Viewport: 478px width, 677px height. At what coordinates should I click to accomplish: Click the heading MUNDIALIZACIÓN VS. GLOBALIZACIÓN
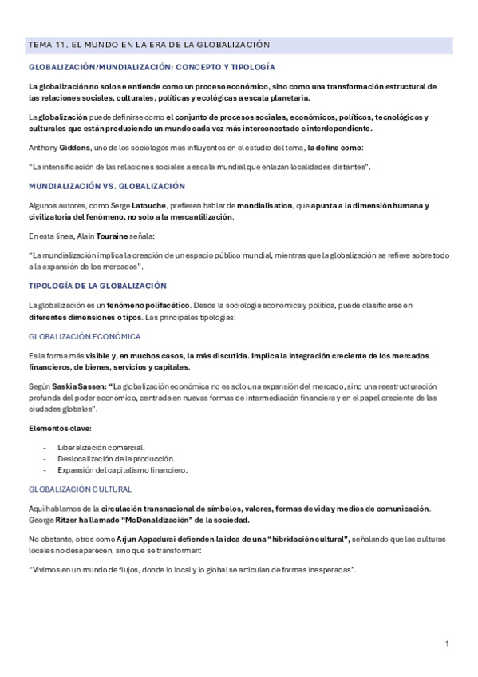[107, 186]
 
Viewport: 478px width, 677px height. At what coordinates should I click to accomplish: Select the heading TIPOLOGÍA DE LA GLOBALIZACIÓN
[97, 285]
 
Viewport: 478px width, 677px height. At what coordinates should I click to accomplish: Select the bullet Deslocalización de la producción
[117, 458]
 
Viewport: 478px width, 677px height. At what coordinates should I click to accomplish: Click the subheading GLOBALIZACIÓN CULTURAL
[81, 489]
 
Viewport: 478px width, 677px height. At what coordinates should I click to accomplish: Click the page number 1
[448, 643]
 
